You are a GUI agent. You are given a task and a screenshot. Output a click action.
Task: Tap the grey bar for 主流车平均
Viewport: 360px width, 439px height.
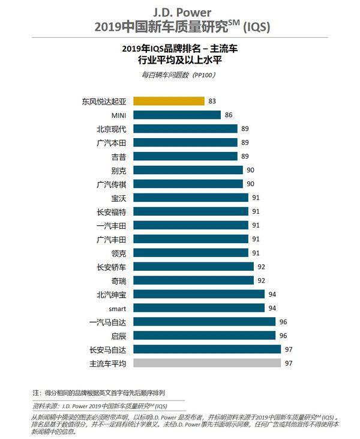(207, 363)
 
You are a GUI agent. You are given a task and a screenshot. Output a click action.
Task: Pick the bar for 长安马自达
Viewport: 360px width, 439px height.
(207, 349)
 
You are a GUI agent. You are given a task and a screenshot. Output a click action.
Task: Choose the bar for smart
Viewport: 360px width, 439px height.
(199, 307)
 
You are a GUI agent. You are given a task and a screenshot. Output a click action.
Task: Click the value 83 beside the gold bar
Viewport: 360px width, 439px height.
(212, 101)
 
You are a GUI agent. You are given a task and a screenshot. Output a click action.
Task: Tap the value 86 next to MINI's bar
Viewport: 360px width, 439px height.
(228, 115)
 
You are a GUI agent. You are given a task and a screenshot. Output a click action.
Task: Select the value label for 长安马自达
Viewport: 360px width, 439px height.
(288, 349)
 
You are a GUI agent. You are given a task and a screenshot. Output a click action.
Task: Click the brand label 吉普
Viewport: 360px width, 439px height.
(118, 156)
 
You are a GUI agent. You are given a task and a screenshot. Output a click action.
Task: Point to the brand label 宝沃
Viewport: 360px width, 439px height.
(118, 198)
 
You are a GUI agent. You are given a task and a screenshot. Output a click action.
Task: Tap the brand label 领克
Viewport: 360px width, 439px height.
(118, 252)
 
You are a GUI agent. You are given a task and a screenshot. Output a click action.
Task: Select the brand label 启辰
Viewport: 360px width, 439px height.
(118, 335)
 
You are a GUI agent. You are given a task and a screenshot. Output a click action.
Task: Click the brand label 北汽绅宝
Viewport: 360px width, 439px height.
(111, 294)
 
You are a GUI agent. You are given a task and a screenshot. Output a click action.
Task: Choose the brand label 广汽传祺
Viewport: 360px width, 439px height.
(111, 184)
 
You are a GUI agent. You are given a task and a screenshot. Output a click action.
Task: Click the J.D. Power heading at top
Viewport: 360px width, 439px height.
(179, 11)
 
